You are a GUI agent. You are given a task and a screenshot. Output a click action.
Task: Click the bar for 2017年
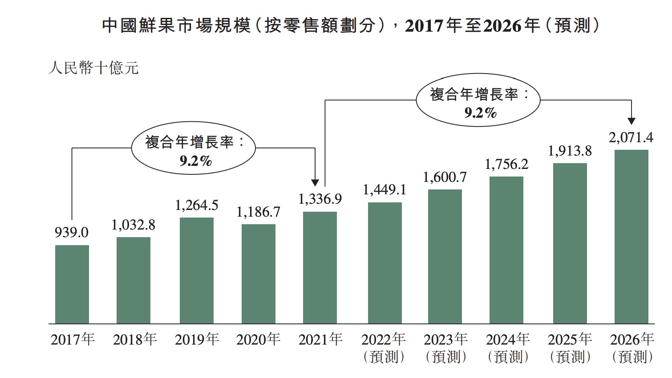72,284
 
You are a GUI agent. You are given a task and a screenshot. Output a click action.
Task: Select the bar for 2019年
196,270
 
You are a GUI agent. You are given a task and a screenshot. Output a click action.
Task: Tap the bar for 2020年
258,273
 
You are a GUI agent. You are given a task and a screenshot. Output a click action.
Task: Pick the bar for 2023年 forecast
445,256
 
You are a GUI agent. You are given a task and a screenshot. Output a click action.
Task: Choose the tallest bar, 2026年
631,236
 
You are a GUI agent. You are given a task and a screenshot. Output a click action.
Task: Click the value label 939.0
71,232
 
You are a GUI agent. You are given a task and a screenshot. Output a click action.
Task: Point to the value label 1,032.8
133,225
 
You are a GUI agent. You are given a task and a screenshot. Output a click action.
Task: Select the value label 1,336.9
320,199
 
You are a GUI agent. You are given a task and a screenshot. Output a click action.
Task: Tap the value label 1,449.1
384,190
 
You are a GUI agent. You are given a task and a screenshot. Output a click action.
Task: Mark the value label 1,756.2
506,164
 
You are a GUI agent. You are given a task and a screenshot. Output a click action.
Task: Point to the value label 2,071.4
631,138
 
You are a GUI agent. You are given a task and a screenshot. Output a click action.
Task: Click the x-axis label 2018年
134,340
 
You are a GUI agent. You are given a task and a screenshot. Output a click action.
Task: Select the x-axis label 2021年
320,340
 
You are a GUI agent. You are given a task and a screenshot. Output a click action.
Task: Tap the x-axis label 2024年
507,340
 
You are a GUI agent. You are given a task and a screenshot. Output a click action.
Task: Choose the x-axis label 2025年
569,340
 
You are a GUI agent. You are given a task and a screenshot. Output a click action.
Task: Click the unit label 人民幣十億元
93,68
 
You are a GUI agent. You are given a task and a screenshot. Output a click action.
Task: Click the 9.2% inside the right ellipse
480,113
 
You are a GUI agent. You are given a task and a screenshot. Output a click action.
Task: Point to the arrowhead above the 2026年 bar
631,121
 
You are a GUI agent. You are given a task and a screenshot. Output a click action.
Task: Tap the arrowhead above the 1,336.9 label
315,182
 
